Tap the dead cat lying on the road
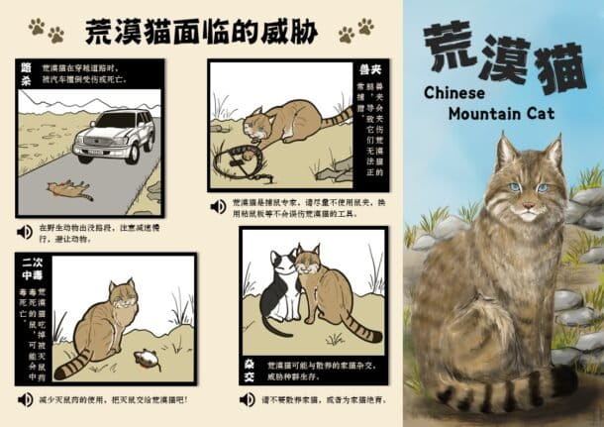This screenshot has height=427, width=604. (x=67, y=186)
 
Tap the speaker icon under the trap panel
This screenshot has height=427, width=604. (x=218, y=206)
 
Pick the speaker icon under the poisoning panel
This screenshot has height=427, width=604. (x=25, y=399)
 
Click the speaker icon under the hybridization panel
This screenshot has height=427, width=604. (x=247, y=400)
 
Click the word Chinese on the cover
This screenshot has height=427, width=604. (x=456, y=92)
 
